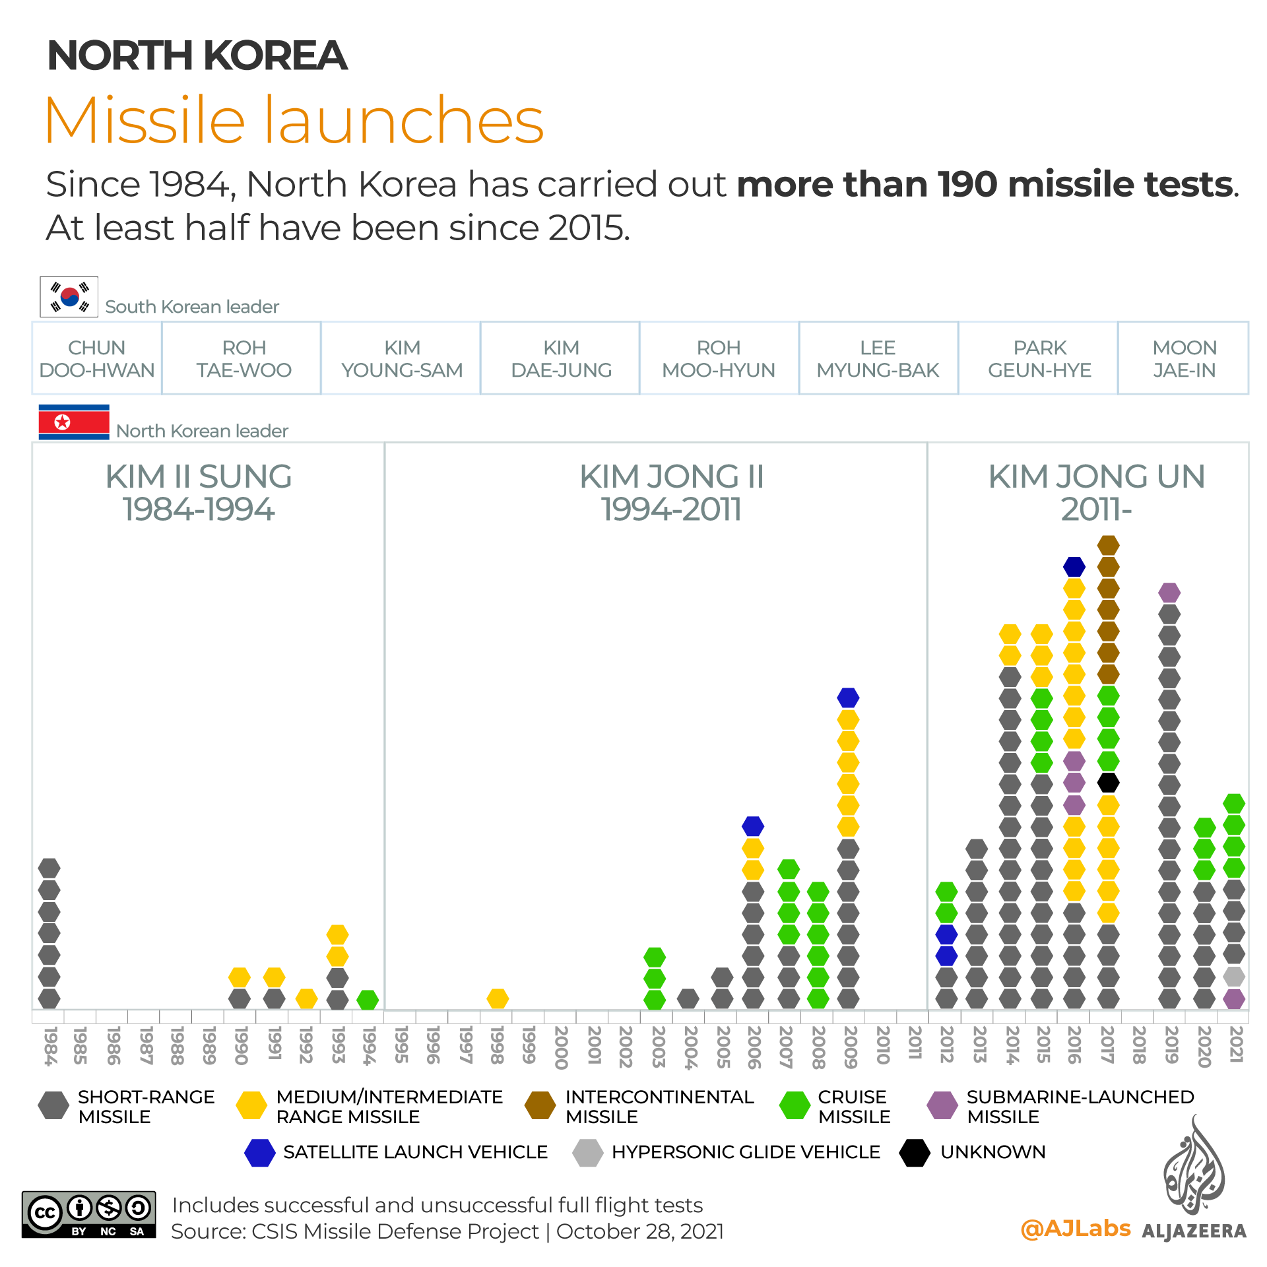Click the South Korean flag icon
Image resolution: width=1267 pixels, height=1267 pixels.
69,297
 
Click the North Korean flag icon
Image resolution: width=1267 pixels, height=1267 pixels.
74,422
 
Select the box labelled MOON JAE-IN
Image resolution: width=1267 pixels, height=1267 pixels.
1184,358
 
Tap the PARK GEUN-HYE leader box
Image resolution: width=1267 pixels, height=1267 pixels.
1039,358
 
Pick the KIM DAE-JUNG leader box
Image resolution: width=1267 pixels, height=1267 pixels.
561,358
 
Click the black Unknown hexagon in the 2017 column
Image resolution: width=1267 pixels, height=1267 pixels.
1108,783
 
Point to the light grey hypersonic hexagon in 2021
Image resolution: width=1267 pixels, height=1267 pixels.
1233,977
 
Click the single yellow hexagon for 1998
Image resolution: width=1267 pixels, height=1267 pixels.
498,998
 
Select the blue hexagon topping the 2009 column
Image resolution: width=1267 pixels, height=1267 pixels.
848,697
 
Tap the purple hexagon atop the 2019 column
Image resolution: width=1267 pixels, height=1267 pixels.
1169,593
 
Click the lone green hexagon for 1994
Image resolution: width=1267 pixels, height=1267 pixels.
368,1000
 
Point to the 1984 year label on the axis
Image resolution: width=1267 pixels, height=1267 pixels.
49,1046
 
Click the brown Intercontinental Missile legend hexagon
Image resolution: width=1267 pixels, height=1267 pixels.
540,1105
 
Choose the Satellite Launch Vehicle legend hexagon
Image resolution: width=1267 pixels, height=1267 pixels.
259,1153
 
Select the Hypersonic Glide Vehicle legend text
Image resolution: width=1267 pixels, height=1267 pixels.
746,1152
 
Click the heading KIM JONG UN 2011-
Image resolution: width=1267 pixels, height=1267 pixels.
1096,492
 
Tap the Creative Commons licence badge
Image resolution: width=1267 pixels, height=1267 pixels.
89,1214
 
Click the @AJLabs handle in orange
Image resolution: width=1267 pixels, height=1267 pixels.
1076,1228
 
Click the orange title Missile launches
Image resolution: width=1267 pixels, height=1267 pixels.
294,120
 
